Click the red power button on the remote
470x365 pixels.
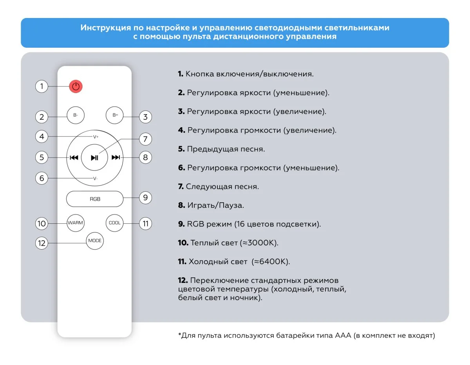tap(76, 86)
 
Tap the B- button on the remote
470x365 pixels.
tap(76, 115)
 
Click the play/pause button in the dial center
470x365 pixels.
tap(95, 158)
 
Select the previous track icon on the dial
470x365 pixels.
tap(74, 158)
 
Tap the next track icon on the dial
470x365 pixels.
tap(116, 158)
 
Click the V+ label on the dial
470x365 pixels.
tap(96, 137)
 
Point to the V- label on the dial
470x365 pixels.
tap(95, 178)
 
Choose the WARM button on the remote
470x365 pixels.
tap(75, 223)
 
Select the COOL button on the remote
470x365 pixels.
tap(115, 223)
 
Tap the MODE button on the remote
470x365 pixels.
tap(95, 241)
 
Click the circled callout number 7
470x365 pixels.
tap(145, 139)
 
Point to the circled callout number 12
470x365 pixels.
tap(42, 243)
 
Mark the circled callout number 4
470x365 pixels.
tap(42, 137)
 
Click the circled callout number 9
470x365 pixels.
tap(145, 198)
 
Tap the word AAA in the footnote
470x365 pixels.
tap(343, 336)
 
